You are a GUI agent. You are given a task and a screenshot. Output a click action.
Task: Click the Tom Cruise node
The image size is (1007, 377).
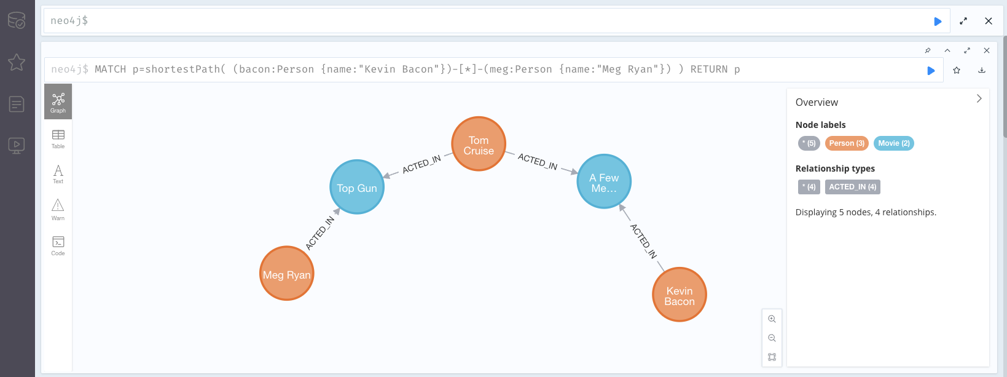(479, 144)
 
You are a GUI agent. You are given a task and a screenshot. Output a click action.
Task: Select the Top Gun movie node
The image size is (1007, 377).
(357, 187)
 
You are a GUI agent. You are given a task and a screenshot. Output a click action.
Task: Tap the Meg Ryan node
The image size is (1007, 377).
(287, 274)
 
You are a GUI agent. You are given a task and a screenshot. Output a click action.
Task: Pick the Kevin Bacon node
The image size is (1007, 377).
(680, 295)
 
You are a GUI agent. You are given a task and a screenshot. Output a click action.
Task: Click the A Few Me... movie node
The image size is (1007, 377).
(604, 181)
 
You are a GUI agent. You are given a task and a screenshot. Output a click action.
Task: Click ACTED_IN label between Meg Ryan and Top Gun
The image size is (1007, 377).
(320, 233)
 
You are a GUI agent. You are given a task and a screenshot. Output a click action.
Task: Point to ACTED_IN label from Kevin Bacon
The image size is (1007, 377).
(644, 240)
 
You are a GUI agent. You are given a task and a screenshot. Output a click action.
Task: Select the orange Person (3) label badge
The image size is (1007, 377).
(847, 143)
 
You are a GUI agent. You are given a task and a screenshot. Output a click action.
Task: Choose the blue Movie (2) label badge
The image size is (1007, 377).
(893, 143)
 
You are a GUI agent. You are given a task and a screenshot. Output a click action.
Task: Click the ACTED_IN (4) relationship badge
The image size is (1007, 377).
(852, 187)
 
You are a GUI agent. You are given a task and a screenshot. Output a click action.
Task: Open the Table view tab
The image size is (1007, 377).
(58, 139)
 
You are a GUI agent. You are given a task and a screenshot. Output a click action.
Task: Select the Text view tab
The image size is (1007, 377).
(58, 174)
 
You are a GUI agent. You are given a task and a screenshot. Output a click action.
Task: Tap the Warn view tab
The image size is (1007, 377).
(58, 210)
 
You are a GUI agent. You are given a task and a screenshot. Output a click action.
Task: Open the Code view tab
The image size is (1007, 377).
(58, 245)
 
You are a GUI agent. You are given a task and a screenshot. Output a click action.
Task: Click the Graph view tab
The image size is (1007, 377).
(58, 102)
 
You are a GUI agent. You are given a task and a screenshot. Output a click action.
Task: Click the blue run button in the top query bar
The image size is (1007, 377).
(938, 22)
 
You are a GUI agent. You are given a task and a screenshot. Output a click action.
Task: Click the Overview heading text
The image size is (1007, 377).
(817, 103)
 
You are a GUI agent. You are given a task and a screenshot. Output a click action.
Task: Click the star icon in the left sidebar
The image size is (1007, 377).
(17, 62)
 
